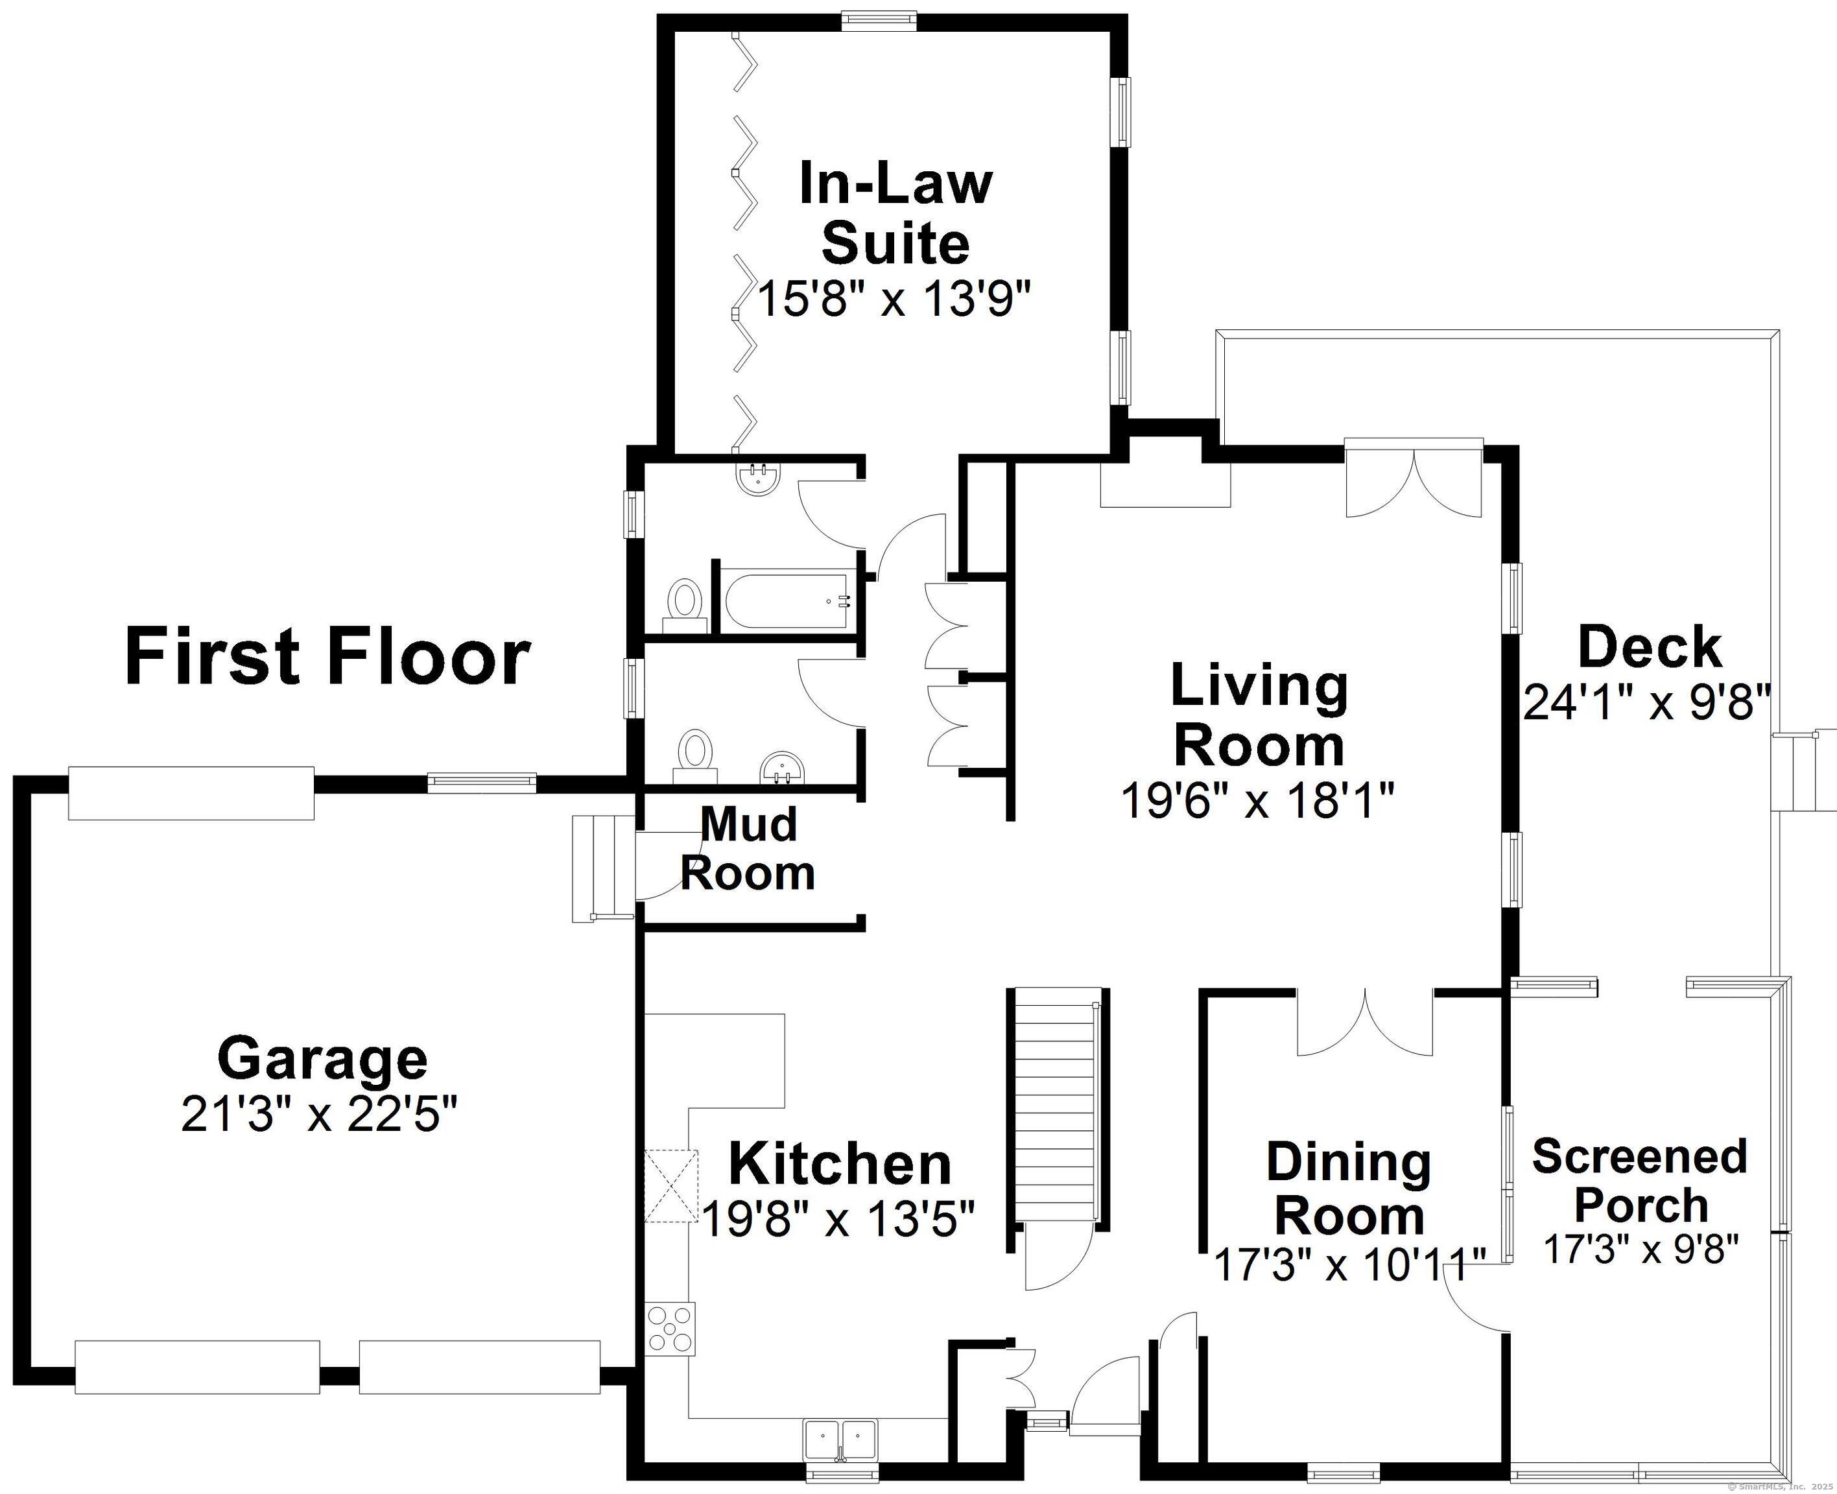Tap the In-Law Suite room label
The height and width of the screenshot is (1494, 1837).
pos(895,213)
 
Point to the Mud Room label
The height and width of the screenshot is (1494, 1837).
pos(748,849)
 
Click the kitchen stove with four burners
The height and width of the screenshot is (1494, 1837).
pos(670,1330)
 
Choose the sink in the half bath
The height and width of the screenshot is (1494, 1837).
pos(781,768)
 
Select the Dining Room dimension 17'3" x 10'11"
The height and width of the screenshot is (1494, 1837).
pos(1350,1264)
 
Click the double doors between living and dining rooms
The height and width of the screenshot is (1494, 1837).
pos(1365,1024)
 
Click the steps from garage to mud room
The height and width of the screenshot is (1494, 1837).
pos(605,869)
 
